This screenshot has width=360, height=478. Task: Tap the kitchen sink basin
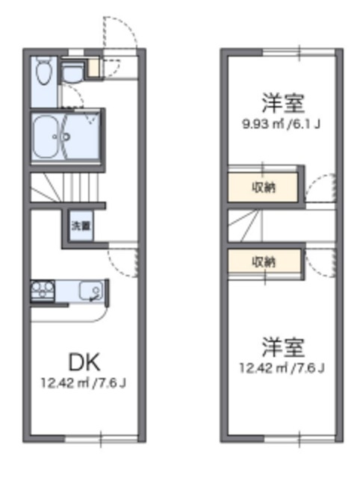coord(91,290)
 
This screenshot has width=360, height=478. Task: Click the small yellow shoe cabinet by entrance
coord(93,69)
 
